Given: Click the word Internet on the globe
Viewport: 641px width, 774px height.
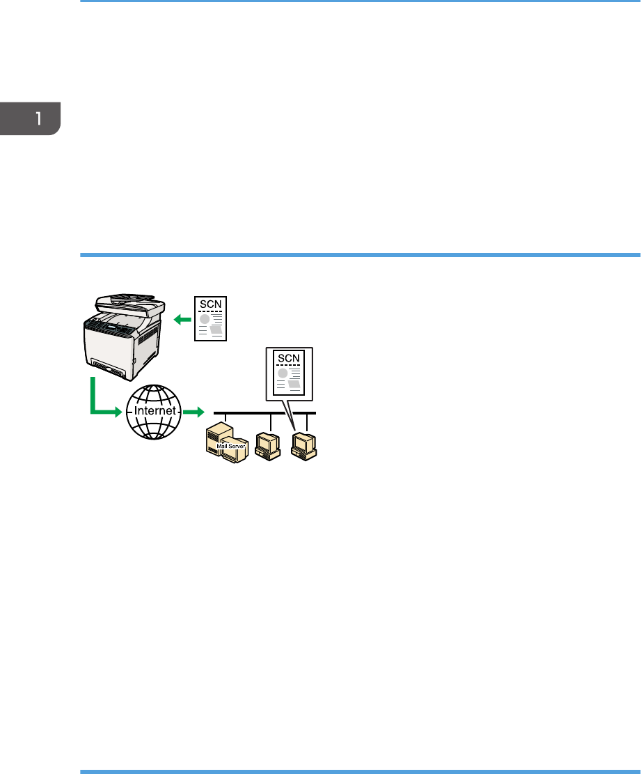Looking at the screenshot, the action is coord(153,411).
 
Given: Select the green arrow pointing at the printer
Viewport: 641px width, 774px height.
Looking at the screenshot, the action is coord(182,320).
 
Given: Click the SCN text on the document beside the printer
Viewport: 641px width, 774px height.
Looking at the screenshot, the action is coord(209,304).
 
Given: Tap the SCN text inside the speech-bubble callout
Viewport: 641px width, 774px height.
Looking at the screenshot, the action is coord(287,358).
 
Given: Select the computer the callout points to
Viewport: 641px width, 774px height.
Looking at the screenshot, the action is coord(303,445).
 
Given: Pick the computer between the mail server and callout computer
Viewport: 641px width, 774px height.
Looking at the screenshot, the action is coord(268,445).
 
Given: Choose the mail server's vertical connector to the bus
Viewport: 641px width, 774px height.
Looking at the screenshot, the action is coord(226,419).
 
